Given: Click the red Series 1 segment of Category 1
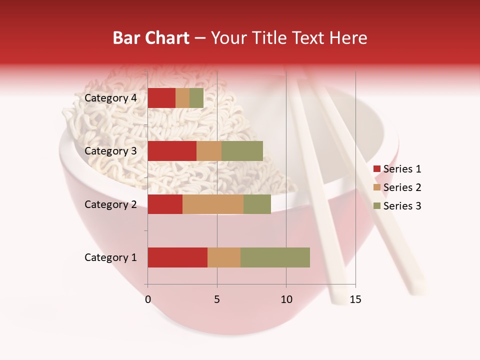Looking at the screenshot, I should pos(177,257).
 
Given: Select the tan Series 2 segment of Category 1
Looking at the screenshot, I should pos(224,257).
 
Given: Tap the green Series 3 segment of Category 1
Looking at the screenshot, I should pos(275,257).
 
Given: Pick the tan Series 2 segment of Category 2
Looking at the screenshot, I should pos(213,204).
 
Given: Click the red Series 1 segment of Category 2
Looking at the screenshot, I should pos(165,204).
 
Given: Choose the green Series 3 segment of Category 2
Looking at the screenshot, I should pos(257,204).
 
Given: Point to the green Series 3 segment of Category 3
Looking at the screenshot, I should pos(242,151).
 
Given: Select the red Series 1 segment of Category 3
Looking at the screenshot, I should pos(172,151).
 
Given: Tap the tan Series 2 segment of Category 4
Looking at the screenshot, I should pos(182,98).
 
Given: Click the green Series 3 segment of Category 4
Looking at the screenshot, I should pos(196,98).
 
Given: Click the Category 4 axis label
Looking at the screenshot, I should pos(110,98).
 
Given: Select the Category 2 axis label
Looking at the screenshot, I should pos(110,204).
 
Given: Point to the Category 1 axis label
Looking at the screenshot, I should pos(110,257).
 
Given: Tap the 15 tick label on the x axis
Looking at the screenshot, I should pos(355,299).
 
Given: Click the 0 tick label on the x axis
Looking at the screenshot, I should pos(148,299).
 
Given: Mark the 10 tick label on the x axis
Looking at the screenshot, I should pos(286,299).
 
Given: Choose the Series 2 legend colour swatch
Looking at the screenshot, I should pos(376,187).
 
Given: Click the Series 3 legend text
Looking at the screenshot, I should pos(402,206).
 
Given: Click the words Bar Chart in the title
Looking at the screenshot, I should pos(151,38).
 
